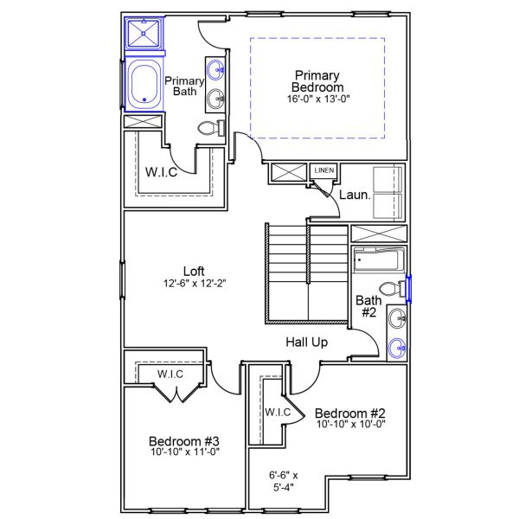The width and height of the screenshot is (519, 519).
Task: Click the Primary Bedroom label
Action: tap(317, 81)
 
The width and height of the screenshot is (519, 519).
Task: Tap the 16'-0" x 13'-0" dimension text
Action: tap(317, 99)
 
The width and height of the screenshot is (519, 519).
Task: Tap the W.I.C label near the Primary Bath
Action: tap(161, 172)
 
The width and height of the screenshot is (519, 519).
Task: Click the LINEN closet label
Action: tap(324, 170)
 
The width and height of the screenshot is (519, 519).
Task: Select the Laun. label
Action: tap(355, 195)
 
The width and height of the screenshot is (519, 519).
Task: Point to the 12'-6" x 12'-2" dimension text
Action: tap(195, 282)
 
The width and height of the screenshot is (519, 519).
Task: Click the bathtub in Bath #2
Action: tap(378, 259)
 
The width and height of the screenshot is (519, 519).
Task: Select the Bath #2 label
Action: tap(367, 306)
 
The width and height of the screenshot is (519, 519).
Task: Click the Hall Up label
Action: tap(306, 343)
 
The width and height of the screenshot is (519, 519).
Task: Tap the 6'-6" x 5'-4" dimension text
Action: tap(284, 481)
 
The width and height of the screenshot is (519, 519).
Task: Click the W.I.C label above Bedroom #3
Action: tap(170, 374)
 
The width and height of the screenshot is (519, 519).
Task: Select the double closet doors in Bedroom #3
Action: tap(177, 394)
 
